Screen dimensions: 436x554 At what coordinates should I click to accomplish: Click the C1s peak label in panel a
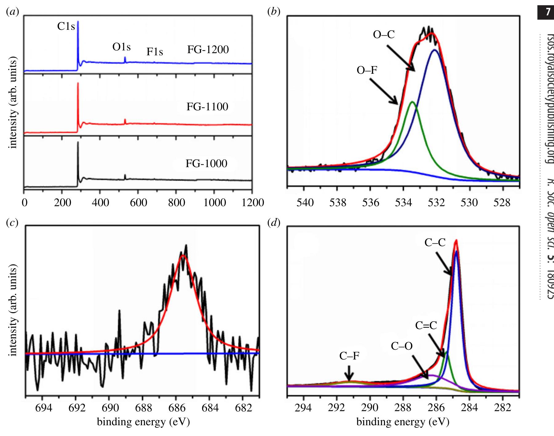click(66, 27)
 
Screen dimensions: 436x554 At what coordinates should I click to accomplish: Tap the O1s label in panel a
click(121, 47)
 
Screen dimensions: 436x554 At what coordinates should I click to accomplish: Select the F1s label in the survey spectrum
click(155, 52)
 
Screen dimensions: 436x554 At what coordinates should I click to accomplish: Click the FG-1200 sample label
click(208, 49)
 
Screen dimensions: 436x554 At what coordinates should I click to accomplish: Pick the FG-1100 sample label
click(207, 107)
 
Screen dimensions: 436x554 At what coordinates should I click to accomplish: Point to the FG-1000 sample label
click(206, 163)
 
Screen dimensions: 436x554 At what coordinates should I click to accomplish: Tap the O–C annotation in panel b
click(384, 35)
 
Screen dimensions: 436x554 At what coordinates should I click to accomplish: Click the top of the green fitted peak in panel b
click(412, 102)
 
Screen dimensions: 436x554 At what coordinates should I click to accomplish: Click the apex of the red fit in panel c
click(183, 255)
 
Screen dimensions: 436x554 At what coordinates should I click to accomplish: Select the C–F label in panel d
click(349, 355)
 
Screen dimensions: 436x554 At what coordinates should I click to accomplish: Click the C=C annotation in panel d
click(426, 325)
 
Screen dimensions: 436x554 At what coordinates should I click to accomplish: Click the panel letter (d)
click(274, 222)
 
